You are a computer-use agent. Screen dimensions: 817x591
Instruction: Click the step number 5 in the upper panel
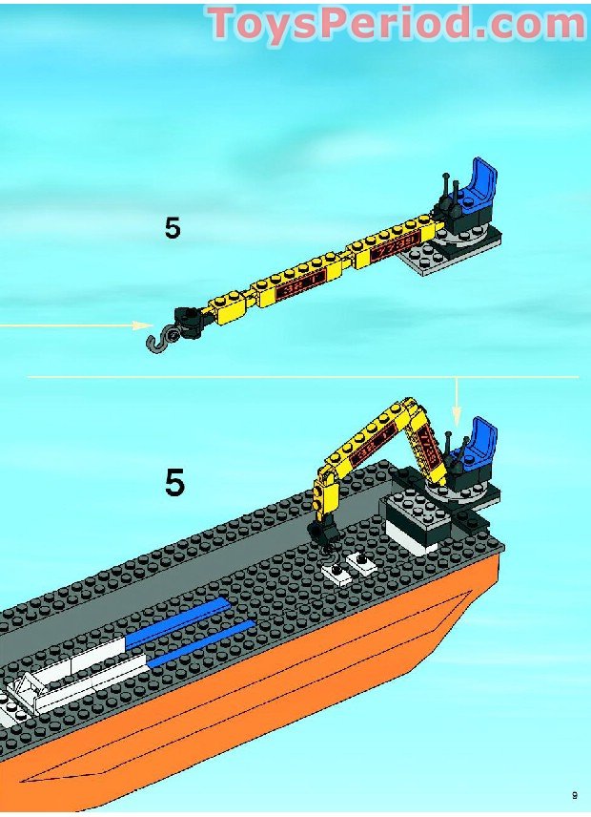[x=173, y=229]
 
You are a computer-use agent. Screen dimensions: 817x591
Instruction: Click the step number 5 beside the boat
[x=174, y=483]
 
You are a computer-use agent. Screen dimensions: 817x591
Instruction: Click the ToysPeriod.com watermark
[x=397, y=23]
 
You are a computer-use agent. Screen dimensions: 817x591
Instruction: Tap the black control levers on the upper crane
[x=445, y=191]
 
